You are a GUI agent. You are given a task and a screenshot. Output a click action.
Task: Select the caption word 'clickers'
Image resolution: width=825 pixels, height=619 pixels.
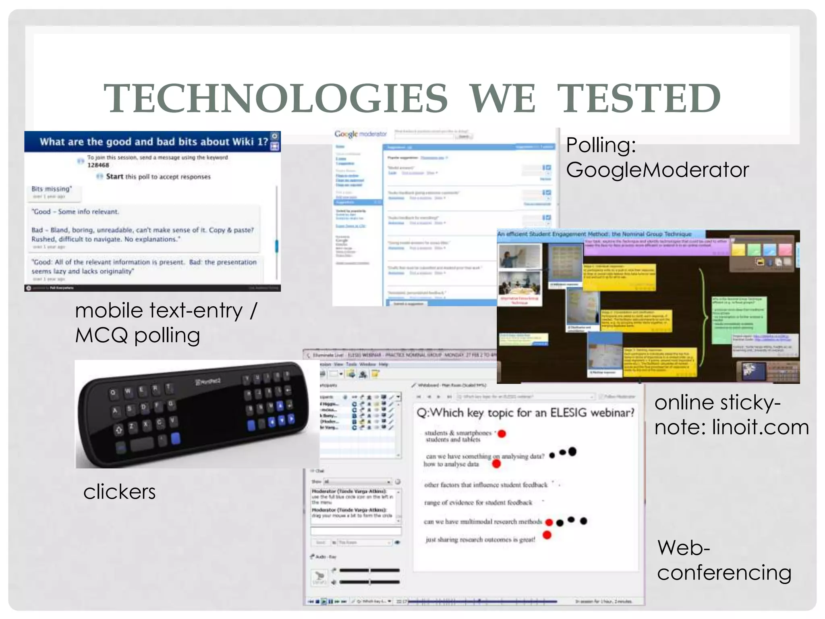click(119, 492)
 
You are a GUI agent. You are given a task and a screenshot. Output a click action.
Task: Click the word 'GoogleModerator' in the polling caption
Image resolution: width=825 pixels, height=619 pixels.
click(657, 170)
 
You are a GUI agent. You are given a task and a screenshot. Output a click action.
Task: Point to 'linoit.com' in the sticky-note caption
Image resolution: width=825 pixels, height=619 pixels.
click(760, 427)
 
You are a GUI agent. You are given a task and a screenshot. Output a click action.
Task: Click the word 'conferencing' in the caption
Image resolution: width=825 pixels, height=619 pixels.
click(724, 573)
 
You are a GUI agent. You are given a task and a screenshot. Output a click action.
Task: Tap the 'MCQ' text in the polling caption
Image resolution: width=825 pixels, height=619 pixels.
click(102, 335)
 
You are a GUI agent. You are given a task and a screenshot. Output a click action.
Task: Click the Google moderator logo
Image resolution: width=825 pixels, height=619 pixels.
click(360, 134)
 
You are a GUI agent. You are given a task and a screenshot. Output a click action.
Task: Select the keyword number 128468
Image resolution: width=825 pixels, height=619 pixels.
click(98, 165)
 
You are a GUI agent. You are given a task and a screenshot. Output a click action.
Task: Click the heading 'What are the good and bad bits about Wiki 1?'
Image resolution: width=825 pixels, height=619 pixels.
click(153, 142)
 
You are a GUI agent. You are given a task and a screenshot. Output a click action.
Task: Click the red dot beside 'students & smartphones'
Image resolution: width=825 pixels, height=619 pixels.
click(502, 434)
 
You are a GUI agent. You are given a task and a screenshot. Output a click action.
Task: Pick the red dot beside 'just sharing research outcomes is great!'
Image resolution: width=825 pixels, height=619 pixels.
click(547, 535)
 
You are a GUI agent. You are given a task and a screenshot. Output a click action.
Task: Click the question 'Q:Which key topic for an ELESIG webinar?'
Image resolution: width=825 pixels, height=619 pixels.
click(525, 413)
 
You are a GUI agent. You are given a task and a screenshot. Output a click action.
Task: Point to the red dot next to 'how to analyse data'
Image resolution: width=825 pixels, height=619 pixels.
click(496, 464)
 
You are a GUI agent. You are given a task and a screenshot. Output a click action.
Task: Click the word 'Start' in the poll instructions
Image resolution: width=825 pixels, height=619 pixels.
click(114, 177)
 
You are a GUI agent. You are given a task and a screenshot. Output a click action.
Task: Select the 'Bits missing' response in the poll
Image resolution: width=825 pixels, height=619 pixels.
click(52, 189)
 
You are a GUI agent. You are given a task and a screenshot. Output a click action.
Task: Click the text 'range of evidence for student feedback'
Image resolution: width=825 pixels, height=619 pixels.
click(478, 503)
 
